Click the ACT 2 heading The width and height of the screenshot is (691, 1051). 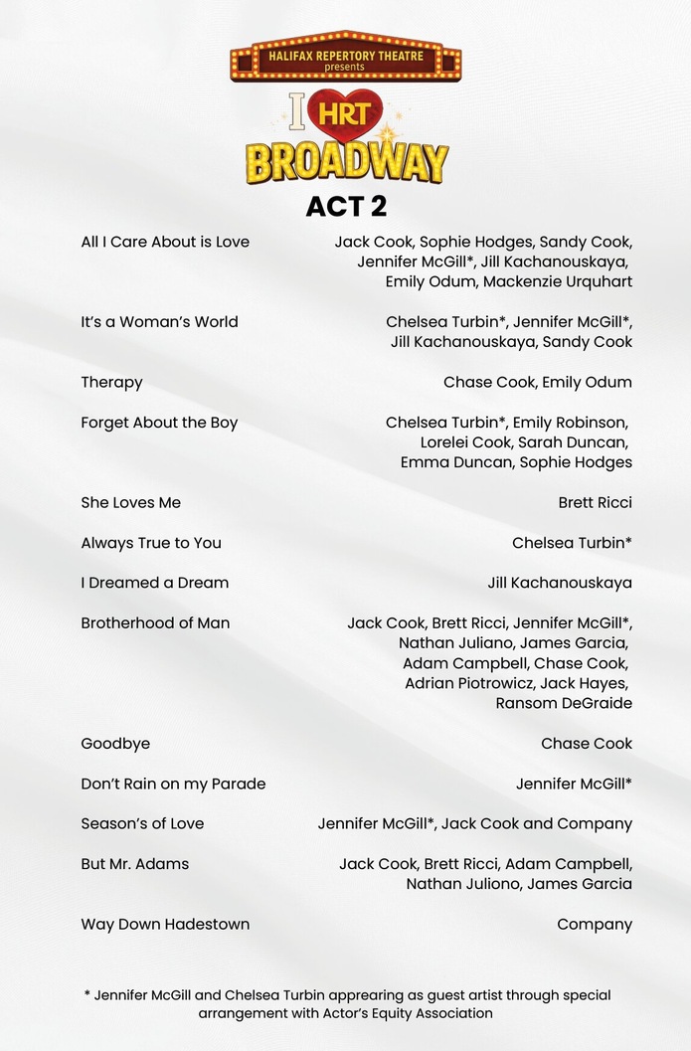click(x=346, y=206)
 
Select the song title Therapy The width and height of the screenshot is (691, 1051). click(x=111, y=383)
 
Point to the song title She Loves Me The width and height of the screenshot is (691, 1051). click(x=130, y=503)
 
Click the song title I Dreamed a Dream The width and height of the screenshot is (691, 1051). click(x=154, y=583)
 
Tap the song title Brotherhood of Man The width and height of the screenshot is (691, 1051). click(x=155, y=623)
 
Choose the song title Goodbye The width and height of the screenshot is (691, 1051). click(x=115, y=744)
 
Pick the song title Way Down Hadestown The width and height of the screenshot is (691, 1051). click(x=165, y=925)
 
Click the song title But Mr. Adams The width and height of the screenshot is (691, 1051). click(x=134, y=864)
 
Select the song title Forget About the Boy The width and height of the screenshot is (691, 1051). click(x=159, y=423)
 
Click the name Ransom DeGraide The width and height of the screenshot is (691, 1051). click(x=564, y=703)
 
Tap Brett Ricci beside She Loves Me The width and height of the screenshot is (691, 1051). click(x=595, y=503)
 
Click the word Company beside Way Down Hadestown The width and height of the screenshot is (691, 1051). click(x=595, y=925)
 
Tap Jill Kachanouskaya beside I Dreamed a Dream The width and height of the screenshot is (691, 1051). click(x=560, y=583)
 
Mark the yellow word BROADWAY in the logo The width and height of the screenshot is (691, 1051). click(x=346, y=162)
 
